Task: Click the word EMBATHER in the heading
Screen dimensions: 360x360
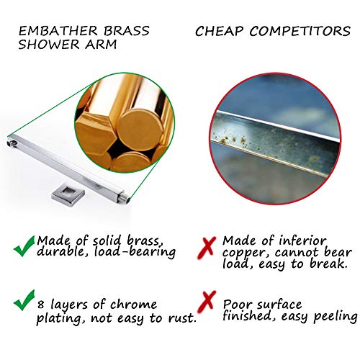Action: (x=58, y=31)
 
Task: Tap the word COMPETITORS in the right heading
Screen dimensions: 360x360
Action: (x=300, y=31)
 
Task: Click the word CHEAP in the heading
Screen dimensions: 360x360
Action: (x=220, y=31)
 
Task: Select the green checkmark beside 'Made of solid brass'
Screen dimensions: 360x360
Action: (x=24, y=246)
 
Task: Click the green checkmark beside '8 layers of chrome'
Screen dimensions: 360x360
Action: (x=24, y=300)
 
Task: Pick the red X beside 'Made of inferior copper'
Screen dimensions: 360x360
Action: (x=207, y=248)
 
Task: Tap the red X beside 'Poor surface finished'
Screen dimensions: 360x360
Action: (x=207, y=302)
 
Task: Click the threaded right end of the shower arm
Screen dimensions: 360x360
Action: (x=127, y=199)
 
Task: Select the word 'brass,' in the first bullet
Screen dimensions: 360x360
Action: (x=145, y=240)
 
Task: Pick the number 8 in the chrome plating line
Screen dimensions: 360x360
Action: (x=41, y=305)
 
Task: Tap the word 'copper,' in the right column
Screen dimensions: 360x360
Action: (x=247, y=253)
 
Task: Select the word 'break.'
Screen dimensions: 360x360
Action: (x=328, y=264)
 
